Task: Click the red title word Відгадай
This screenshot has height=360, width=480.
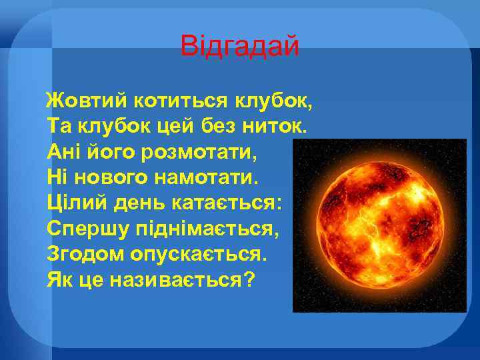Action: pyautogui.click(x=240, y=47)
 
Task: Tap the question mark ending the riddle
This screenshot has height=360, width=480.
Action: pyautogui.click(x=249, y=279)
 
